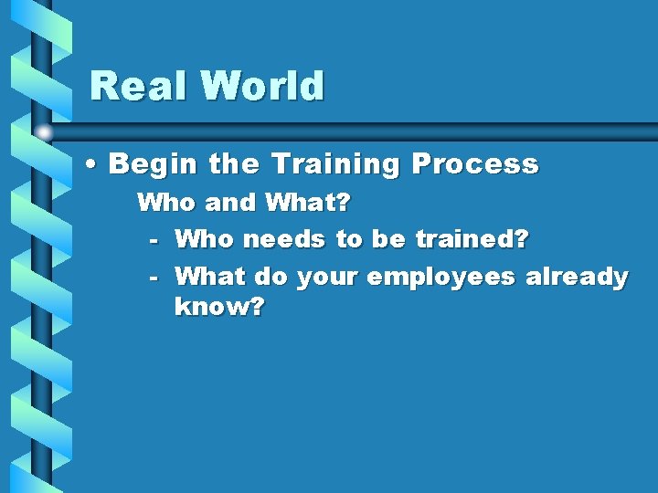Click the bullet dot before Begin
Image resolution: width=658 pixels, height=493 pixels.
tap(93, 165)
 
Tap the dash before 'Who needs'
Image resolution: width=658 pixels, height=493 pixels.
tap(154, 240)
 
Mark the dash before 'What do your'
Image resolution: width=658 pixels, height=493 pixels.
tap(154, 277)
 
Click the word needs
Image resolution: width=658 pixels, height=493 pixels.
tap(288, 240)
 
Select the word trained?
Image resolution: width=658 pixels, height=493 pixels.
tap(472, 240)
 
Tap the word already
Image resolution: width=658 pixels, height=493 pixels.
tap(577, 277)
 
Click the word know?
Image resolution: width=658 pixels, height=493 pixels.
tap(219, 308)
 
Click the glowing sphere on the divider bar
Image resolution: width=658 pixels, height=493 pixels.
tap(44, 133)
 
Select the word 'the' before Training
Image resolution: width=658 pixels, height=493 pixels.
tap(235, 165)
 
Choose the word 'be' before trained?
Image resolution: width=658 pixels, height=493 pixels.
tap(388, 240)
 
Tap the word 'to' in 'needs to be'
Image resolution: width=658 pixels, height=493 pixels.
tap(349, 240)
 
